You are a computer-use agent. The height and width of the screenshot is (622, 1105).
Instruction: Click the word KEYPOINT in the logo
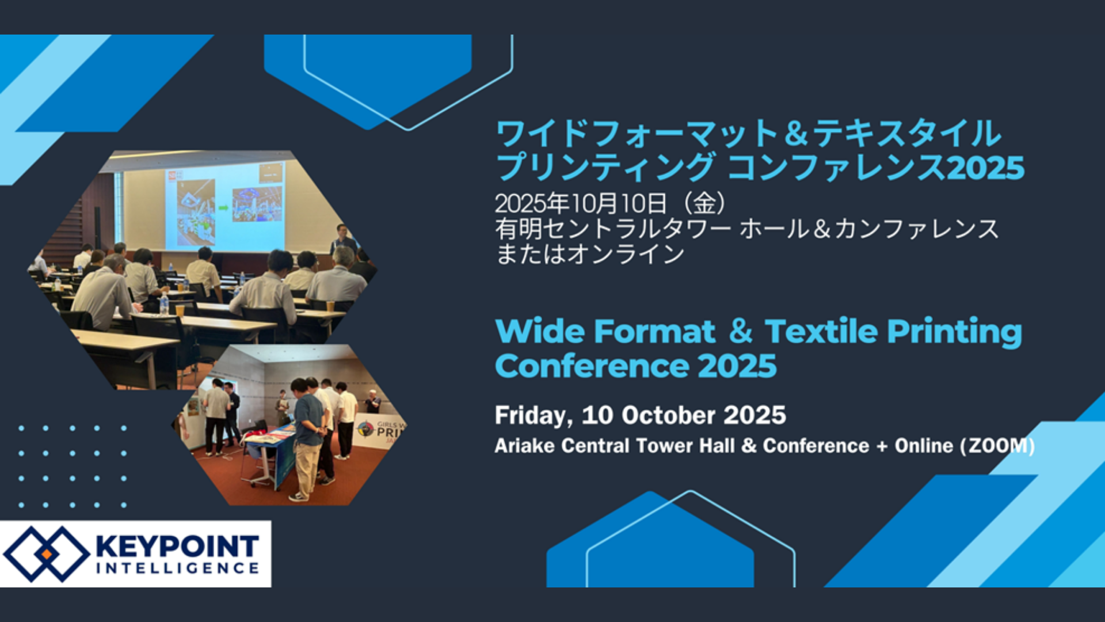pos(177,546)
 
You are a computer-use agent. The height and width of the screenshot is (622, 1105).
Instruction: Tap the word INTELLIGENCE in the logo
pos(177,568)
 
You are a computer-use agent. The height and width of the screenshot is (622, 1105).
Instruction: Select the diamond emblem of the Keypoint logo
pos(47,554)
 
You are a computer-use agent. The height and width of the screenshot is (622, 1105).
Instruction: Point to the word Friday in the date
pos(533,416)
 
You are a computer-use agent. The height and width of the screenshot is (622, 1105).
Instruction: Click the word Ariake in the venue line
pos(524,446)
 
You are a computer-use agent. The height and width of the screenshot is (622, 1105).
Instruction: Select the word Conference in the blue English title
pos(592,366)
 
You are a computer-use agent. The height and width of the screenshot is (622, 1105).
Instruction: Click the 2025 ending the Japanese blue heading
pos(986,168)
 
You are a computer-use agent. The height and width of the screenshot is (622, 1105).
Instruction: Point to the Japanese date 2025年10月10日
pos(581,203)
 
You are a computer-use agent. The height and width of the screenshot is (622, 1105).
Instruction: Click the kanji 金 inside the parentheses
pos(704,203)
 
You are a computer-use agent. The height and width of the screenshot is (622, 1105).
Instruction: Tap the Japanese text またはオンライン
pos(590,254)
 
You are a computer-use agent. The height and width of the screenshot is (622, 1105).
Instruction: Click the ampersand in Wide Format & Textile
pos(740,332)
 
